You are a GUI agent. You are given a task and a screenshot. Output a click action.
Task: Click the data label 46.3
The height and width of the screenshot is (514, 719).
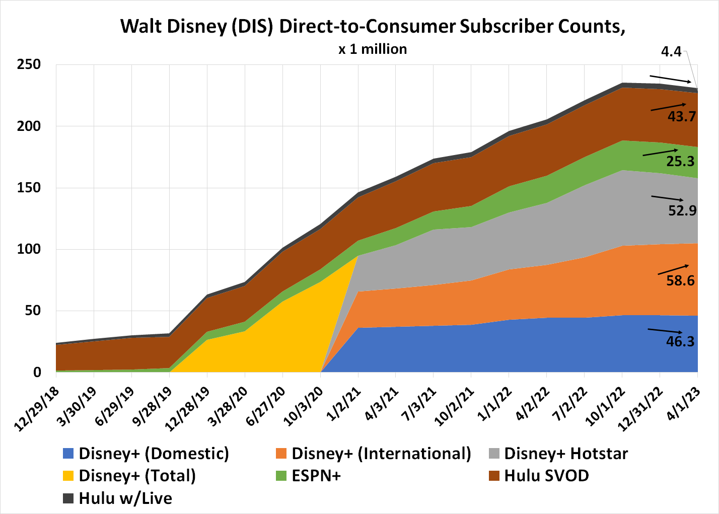coord(680,342)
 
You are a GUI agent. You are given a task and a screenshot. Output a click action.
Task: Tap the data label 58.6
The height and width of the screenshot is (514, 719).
coord(680,281)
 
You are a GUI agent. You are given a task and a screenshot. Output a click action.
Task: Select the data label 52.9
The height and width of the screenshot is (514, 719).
coord(682,210)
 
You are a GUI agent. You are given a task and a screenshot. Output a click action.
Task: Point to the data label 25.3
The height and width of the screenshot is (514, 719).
coord(680,161)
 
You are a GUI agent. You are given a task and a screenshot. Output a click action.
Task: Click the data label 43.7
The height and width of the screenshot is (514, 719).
coord(682,117)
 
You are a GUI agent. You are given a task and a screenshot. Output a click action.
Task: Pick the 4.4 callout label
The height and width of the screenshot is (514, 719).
coord(671,52)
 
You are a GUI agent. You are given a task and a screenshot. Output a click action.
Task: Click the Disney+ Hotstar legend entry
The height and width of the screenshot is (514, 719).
coord(566,454)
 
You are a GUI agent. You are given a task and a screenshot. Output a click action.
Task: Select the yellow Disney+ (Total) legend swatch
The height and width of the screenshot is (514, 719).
coord(68,476)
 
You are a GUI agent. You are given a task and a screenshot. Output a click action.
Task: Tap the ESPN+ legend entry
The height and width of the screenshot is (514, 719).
coord(316,476)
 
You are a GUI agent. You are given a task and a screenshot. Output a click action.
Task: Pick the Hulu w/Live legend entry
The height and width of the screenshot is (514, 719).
coord(125,498)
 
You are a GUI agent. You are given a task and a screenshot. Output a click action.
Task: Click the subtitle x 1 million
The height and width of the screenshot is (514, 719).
coord(373,49)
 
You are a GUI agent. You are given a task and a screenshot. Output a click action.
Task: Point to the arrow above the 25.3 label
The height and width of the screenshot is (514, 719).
coord(660,153)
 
